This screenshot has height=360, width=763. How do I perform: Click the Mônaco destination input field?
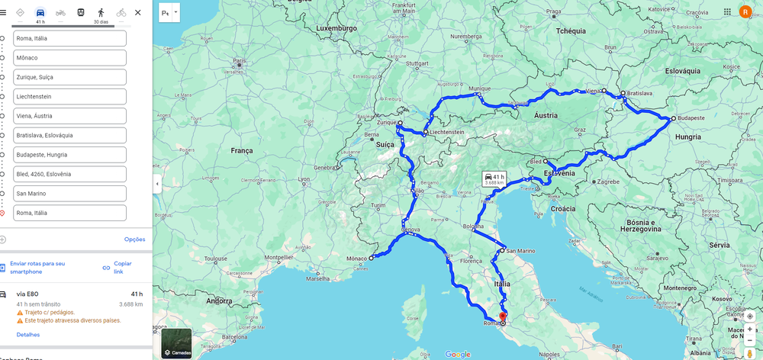pyautogui.click(x=69, y=58)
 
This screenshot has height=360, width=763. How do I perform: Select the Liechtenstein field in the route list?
pyautogui.click(x=69, y=97)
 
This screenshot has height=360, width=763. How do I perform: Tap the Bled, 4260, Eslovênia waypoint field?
pyautogui.click(x=69, y=174)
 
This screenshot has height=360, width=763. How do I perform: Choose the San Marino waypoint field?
pyautogui.click(x=69, y=194)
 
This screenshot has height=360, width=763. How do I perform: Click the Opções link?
pyautogui.click(x=134, y=239)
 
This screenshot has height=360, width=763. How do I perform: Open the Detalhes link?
pyautogui.click(x=28, y=335)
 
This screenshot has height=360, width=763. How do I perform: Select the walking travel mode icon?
pyautogui.click(x=101, y=13)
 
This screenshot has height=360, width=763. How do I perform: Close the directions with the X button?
pyautogui.click(x=137, y=13)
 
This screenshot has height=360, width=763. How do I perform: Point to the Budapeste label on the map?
pyautogui.click(x=691, y=118)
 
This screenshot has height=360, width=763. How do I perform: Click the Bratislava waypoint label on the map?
pyautogui.click(x=641, y=93)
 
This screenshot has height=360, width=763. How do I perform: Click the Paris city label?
pyautogui.click(x=240, y=60)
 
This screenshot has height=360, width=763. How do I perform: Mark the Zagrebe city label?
pyautogui.click(x=607, y=182)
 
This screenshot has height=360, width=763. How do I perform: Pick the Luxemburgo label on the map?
pyautogui.click(x=337, y=27)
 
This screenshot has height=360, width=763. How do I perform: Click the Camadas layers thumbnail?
pyautogui.click(x=176, y=343)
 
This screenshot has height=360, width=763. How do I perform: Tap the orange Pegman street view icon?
pyautogui.click(x=750, y=354)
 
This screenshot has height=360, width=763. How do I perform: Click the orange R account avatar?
pyautogui.click(x=745, y=12)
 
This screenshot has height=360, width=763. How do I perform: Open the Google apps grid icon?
pyautogui.click(x=727, y=12)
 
